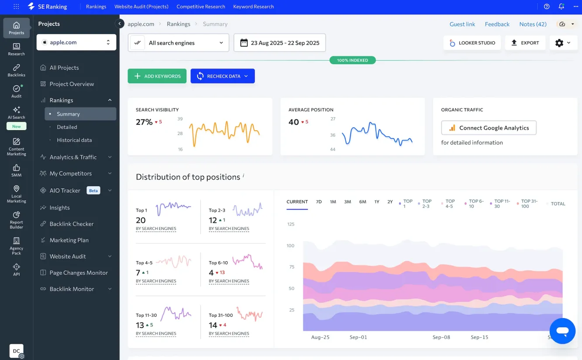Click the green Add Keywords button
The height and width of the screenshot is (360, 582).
(x=157, y=76)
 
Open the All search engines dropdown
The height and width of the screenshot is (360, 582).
(x=178, y=43)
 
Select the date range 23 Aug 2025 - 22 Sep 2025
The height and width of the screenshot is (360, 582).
(x=280, y=43)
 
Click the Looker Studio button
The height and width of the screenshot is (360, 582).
(x=472, y=43)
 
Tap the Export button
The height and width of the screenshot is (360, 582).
(x=525, y=43)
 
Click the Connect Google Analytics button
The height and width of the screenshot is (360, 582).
(x=488, y=128)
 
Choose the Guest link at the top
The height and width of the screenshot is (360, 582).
(x=462, y=24)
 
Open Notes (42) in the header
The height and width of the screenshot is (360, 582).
(x=533, y=24)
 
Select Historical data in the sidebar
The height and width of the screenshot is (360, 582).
(x=74, y=140)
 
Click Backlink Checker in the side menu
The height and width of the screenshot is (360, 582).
(x=72, y=224)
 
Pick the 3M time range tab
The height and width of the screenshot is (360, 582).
(x=347, y=202)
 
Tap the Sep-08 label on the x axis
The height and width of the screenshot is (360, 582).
(x=441, y=337)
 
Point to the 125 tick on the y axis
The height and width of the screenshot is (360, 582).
(x=291, y=224)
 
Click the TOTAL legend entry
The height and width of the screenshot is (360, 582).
(x=558, y=204)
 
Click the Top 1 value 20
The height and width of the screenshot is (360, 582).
(x=141, y=220)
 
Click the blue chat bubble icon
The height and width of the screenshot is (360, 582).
(x=562, y=331)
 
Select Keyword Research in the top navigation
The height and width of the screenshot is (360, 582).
(x=253, y=7)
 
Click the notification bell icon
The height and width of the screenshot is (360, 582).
(x=561, y=7)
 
